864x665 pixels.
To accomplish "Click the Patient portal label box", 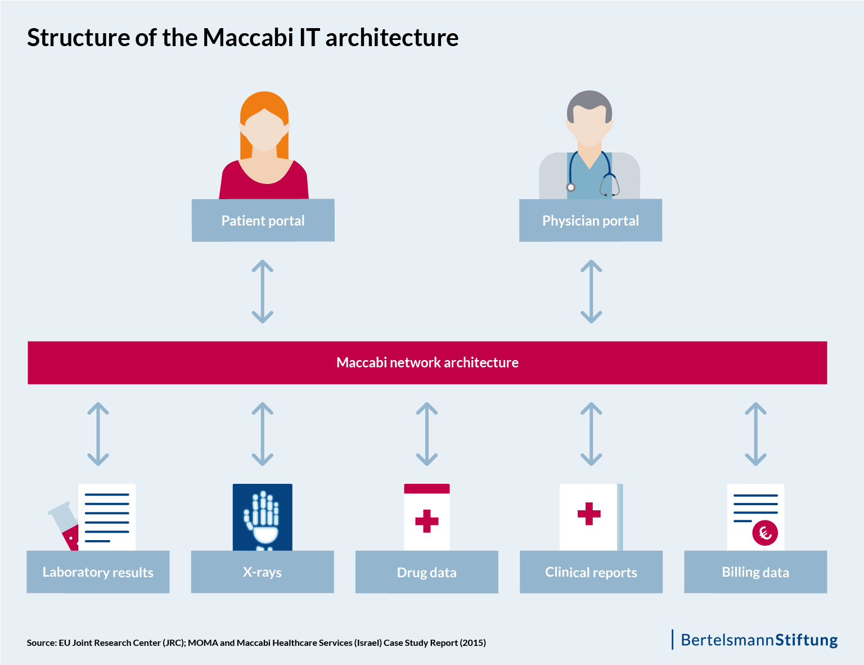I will [x=263, y=221].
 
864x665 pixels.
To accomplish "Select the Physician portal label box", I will [x=590, y=221].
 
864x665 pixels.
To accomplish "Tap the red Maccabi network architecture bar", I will [x=427, y=363].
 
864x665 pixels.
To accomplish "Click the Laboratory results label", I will [x=98, y=572].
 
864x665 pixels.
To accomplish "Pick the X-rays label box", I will [x=262, y=572].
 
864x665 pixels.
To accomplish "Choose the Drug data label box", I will [x=426, y=572].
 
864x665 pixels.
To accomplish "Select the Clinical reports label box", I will [x=591, y=572].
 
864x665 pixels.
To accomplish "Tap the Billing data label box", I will [x=755, y=572].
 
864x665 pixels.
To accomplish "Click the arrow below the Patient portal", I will [x=263, y=291].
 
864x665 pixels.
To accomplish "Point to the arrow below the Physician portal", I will [x=591, y=291].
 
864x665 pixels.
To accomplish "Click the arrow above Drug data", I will [x=427, y=434].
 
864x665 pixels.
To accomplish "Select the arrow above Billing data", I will [x=755, y=434].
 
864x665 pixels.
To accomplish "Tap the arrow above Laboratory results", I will [x=98, y=434].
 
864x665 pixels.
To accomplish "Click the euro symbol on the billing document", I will [x=765, y=532].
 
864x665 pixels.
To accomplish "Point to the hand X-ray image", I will [x=262, y=516].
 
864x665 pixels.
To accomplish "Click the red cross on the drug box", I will [x=426, y=521].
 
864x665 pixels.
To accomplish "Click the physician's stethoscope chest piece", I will [x=571, y=187].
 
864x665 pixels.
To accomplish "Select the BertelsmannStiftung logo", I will [x=758, y=640].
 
